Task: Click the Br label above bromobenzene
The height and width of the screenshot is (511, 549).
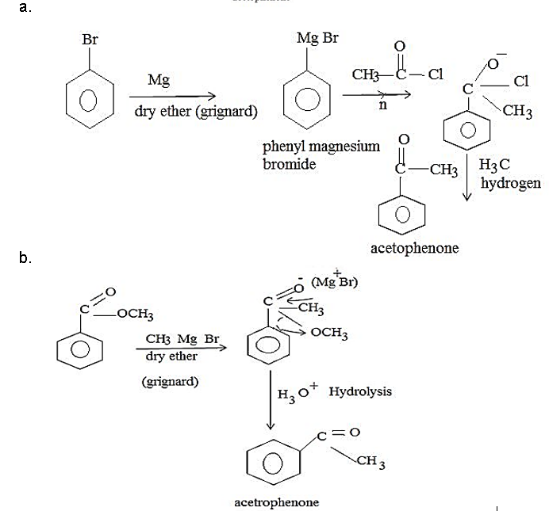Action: [x=90, y=38]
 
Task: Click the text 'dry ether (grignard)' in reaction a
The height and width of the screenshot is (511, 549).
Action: [x=196, y=111]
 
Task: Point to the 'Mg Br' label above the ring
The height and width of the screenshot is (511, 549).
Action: [x=317, y=38]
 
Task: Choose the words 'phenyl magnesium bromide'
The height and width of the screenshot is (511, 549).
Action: [x=321, y=155]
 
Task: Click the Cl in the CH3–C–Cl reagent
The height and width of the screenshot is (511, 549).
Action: [x=436, y=74]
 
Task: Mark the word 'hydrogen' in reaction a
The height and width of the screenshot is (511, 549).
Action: [x=511, y=183]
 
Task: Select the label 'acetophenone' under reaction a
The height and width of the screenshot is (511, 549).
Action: [x=414, y=248]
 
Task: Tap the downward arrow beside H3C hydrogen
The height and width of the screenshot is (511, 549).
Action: [x=468, y=181]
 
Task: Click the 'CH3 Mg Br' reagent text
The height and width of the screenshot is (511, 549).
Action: [x=182, y=340]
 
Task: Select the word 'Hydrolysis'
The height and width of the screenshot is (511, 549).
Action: [x=359, y=391]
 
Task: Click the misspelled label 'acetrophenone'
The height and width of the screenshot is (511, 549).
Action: [x=277, y=502]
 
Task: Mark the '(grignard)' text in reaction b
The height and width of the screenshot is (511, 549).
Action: [x=170, y=382]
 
